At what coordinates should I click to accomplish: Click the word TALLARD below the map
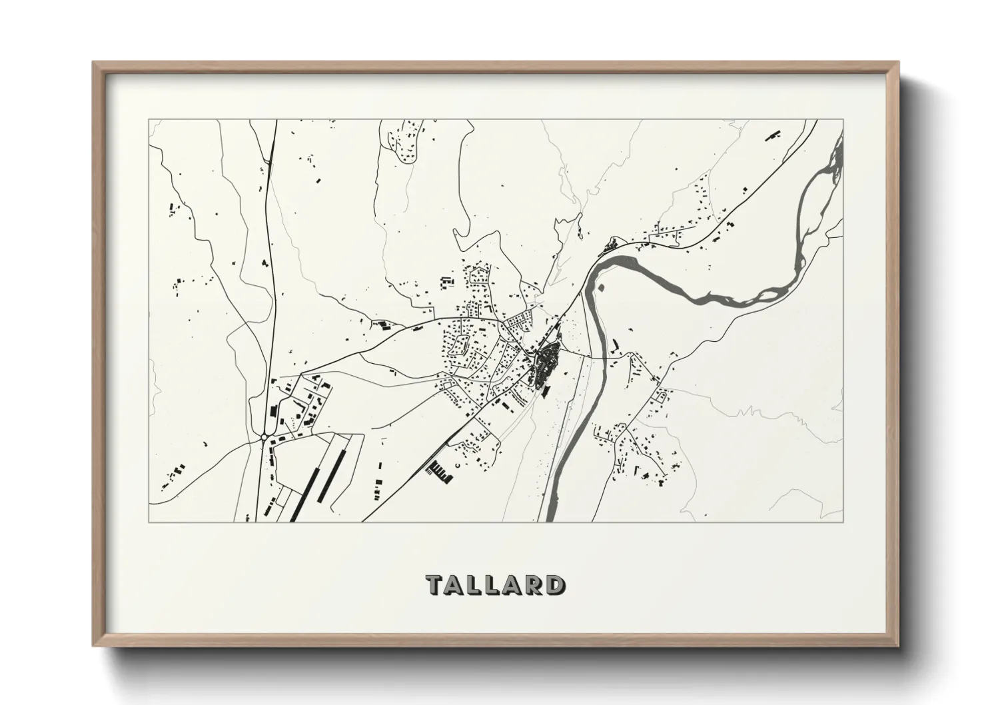[x=494, y=584]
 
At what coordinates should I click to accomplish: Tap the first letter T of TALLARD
[x=434, y=584]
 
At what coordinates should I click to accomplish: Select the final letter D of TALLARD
[x=552, y=584]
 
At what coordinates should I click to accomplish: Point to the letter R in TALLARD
[x=533, y=584]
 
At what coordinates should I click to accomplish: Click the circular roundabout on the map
[x=264, y=437]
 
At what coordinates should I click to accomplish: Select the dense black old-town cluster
[x=546, y=363]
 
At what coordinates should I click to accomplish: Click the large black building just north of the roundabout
[x=273, y=408]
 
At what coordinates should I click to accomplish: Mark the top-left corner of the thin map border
[x=149, y=120]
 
